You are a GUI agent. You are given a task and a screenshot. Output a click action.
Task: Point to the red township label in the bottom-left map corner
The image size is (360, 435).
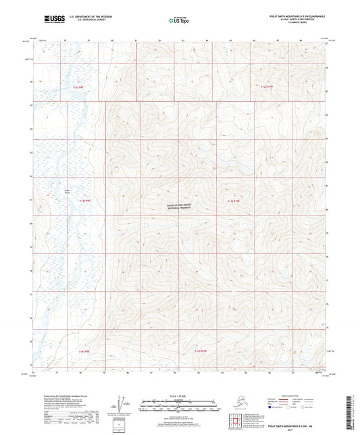click(84, 352)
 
